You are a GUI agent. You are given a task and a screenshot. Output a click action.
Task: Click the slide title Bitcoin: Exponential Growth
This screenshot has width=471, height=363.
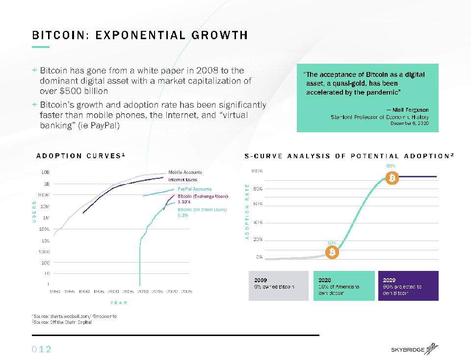(140, 35)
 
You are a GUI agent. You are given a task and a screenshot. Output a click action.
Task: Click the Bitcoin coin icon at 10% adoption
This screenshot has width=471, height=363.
(333, 252)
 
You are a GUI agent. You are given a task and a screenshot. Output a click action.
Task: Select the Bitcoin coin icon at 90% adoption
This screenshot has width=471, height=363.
(392, 179)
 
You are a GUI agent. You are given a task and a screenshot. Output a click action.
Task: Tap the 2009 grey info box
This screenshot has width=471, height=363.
(279, 286)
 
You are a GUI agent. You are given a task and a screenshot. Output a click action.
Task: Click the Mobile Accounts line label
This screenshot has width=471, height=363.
(185, 172)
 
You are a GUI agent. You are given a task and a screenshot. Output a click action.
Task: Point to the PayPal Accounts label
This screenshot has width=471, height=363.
(194, 189)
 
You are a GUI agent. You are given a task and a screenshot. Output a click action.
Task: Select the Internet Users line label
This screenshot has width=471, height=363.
(183, 180)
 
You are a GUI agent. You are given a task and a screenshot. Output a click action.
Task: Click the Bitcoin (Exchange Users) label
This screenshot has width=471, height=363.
(203, 196)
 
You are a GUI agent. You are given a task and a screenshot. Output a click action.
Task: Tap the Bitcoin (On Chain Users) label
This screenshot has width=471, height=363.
(202, 210)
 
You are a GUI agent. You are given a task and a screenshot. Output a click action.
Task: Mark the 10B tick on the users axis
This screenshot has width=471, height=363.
(45, 172)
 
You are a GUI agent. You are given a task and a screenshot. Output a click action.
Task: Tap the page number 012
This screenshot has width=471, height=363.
(42, 349)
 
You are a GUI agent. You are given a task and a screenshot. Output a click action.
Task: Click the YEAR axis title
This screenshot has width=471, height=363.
(118, 303)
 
